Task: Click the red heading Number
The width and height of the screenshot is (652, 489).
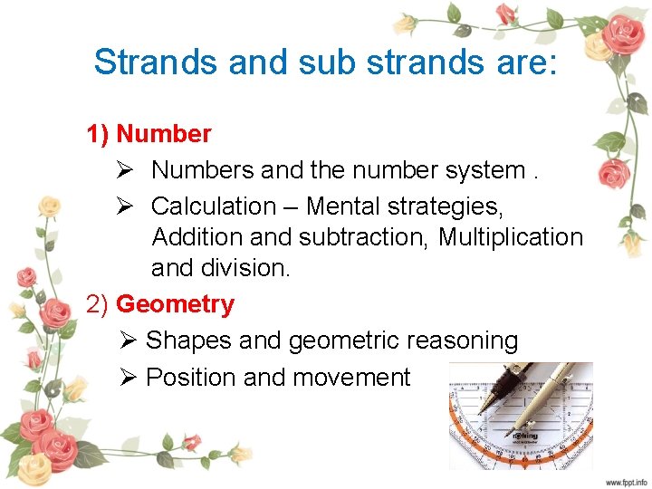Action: pyautogui.click(x=164, y=134)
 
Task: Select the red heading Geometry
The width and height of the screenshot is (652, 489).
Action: pyautogui.click(x=175, y=304)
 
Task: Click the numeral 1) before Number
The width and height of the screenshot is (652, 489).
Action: pyautogui.click(x=98, y=134)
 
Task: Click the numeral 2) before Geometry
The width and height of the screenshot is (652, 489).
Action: pyautogui.click(x=98, y=304)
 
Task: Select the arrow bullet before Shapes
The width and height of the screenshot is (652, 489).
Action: pyautogui.click(x=127, y=340)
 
